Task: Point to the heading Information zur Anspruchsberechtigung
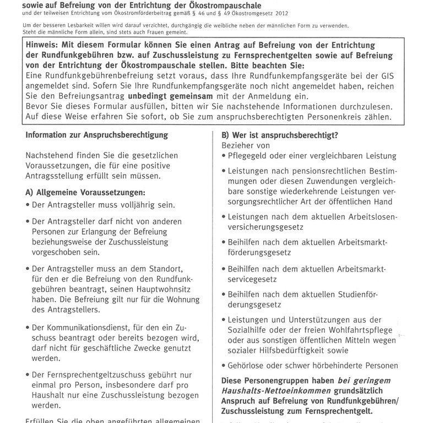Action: pos(96,134)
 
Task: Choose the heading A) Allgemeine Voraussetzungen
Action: pos(85,192)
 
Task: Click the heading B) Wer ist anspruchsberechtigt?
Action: pos(280,134)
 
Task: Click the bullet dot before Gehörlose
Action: pos(223,365)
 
